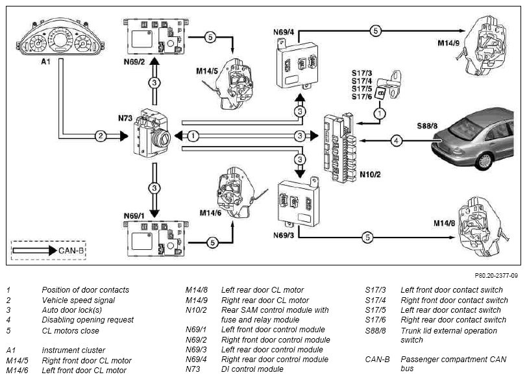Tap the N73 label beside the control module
(x=125, y=118)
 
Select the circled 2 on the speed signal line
(x=101, y=136)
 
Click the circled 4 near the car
(x=397, y=140)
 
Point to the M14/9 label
(x=448, y=43)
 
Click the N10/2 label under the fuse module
(x=370, y=175)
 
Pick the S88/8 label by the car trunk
(x=427, y=126)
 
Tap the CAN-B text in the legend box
(x=71, y=251)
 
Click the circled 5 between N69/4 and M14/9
(x=375, y=31)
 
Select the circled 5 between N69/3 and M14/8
(x=367, y=238)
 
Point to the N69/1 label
(x=134, y=216)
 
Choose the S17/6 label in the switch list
(x=362, y=97)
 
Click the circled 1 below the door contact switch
(x=380, y=114)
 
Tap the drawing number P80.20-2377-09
(x=496, y=276)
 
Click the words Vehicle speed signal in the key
(x=79, y=300)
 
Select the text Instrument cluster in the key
(x=73, y=350)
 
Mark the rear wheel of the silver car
(x=484, y=162)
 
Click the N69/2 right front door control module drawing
(x=155, y=36)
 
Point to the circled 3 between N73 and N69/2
(x=154, y=82)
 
